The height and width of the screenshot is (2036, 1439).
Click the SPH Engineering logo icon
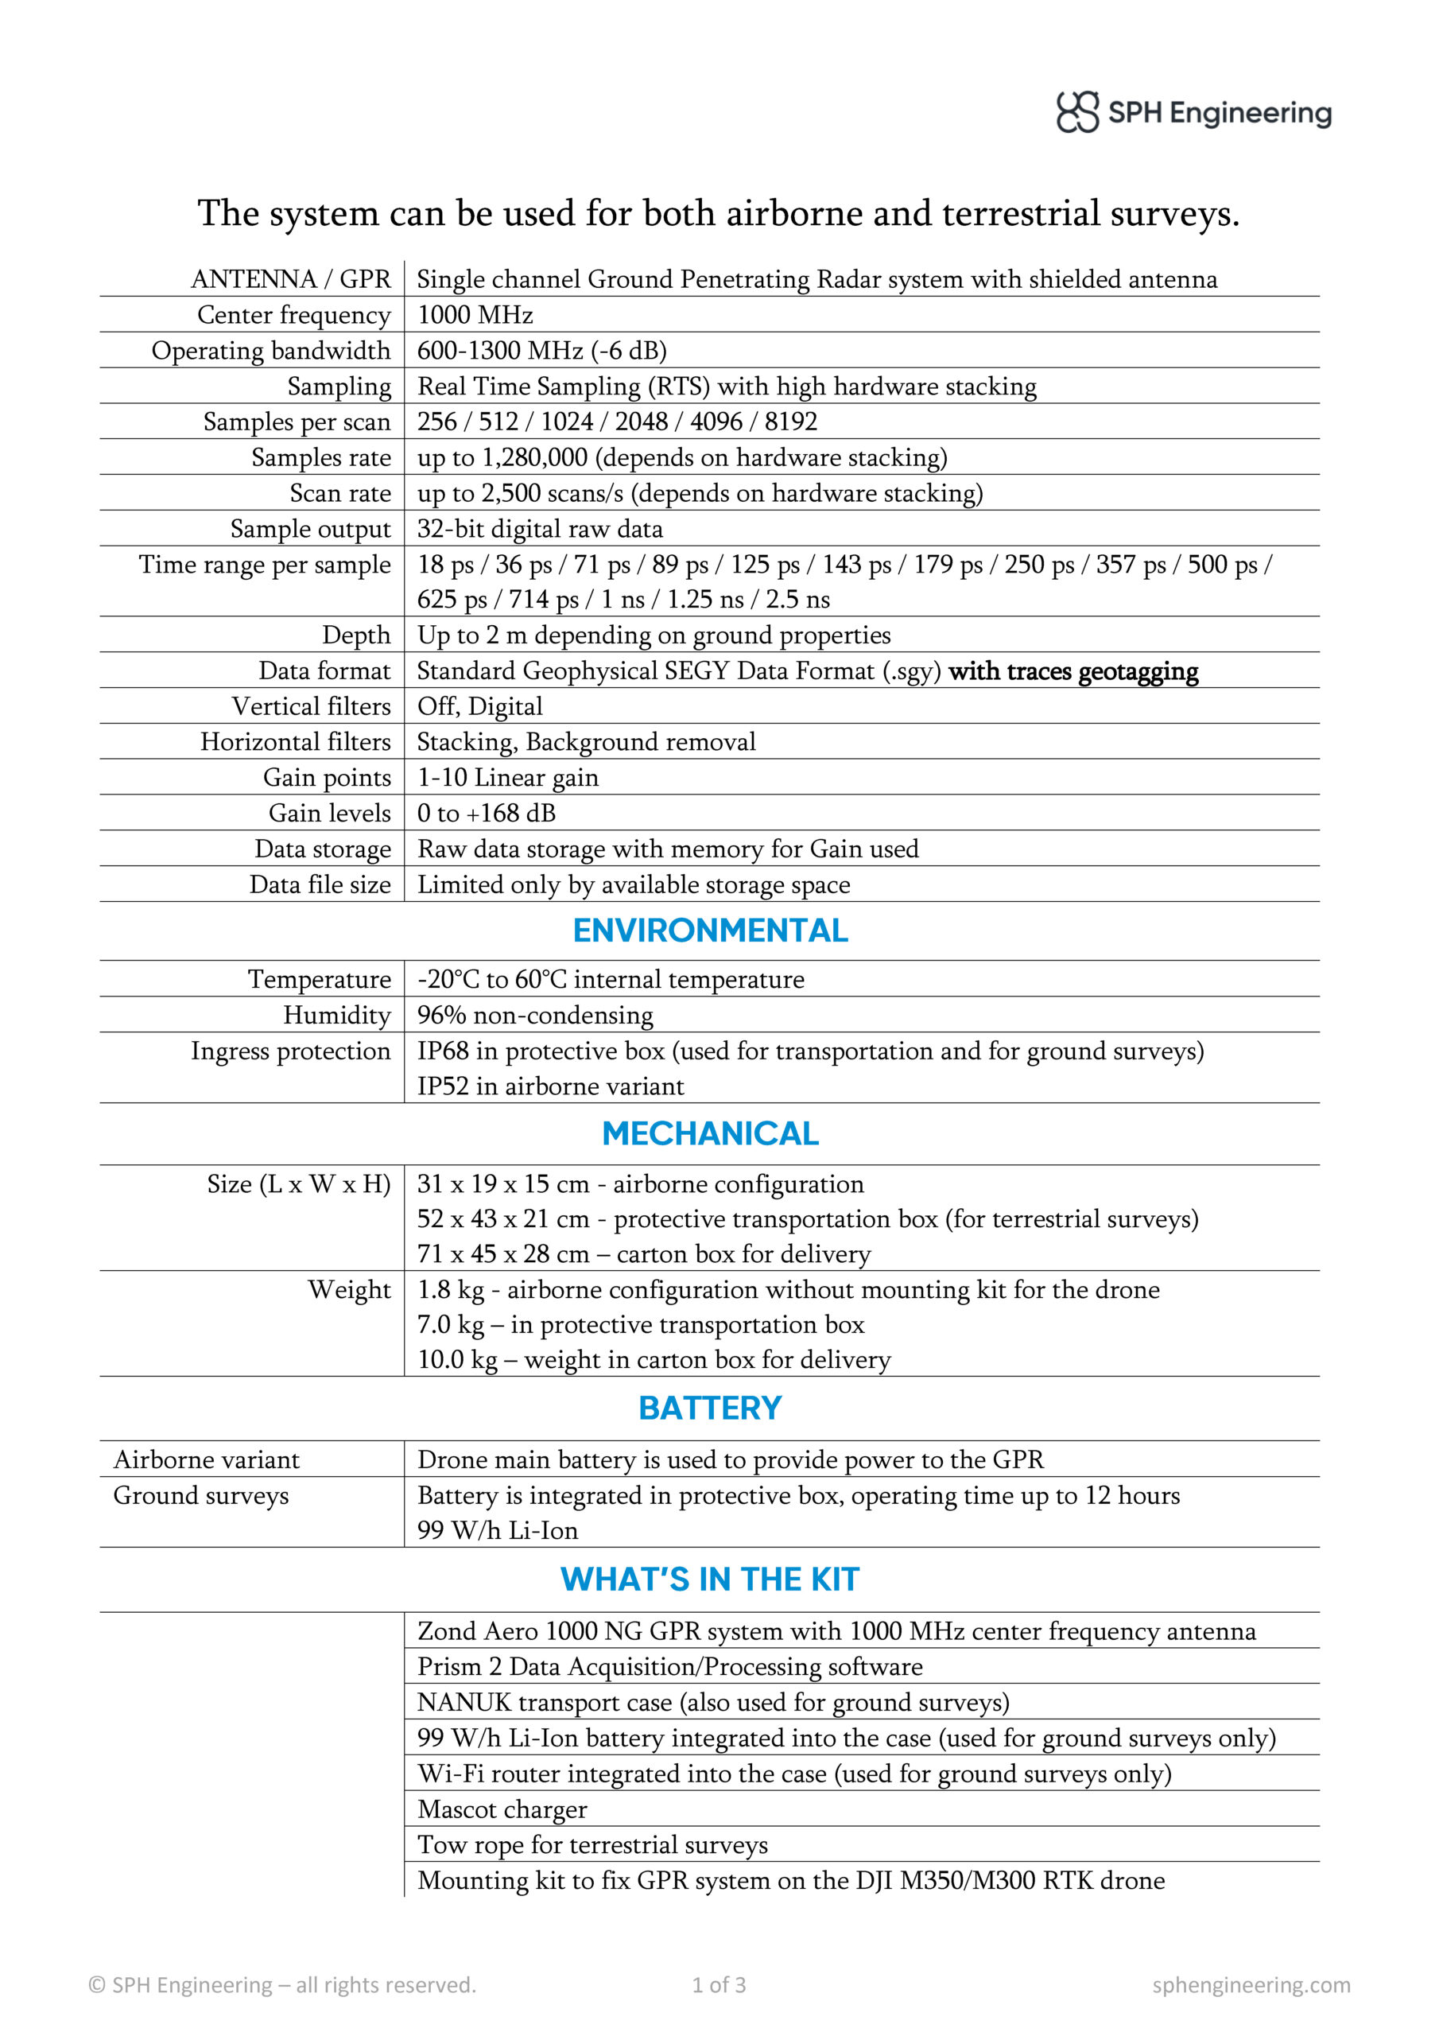pos(1076,113)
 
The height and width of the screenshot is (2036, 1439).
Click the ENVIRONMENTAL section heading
pos(710,931)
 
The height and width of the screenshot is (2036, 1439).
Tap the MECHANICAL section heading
pos(710,1133)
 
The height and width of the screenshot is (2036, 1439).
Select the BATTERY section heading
pos(710,1408)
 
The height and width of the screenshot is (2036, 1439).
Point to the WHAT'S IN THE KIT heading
pos(710,1579)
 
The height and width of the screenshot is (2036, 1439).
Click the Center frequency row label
pos(293,315)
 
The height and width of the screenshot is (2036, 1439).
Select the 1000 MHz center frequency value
pos(475,315)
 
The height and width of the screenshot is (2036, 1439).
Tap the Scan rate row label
pos(339,493)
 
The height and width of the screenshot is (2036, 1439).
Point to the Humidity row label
pos(336,1016)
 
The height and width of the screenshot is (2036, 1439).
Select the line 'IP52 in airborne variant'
pos(551,1086)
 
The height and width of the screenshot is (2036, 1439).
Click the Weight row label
pos(348,1289)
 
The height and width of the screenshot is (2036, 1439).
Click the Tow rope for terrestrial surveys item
pos(592,1845)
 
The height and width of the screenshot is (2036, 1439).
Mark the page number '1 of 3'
pos(719,1984)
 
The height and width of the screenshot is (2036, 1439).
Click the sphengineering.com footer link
pos(1251,1984)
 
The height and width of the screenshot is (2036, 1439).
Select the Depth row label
pos(355,635)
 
